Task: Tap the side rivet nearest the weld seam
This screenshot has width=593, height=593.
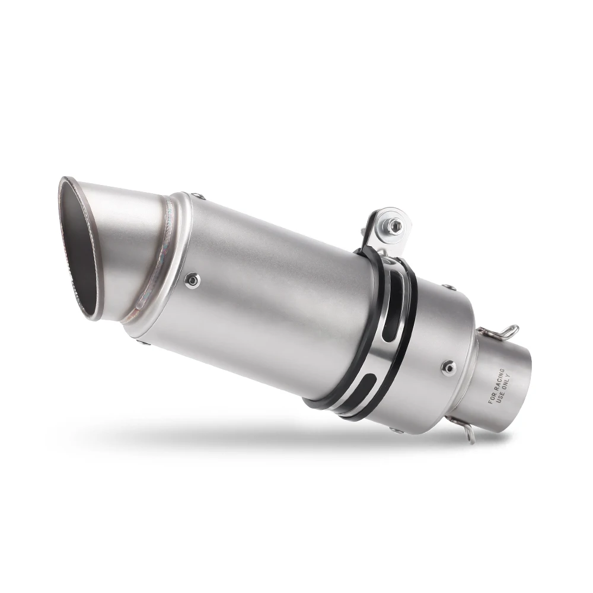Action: point(192,280)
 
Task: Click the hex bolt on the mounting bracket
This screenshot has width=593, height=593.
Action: point(394,225)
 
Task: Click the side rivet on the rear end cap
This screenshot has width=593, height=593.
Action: point(449,368)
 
